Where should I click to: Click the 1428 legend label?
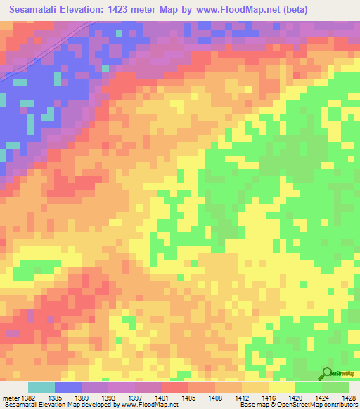[349, 398]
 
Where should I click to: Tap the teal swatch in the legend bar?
[41, 387]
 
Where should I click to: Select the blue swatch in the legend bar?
[68, 387]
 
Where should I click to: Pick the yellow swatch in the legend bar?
[282, 387]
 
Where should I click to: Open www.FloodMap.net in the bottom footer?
[149, 405]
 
